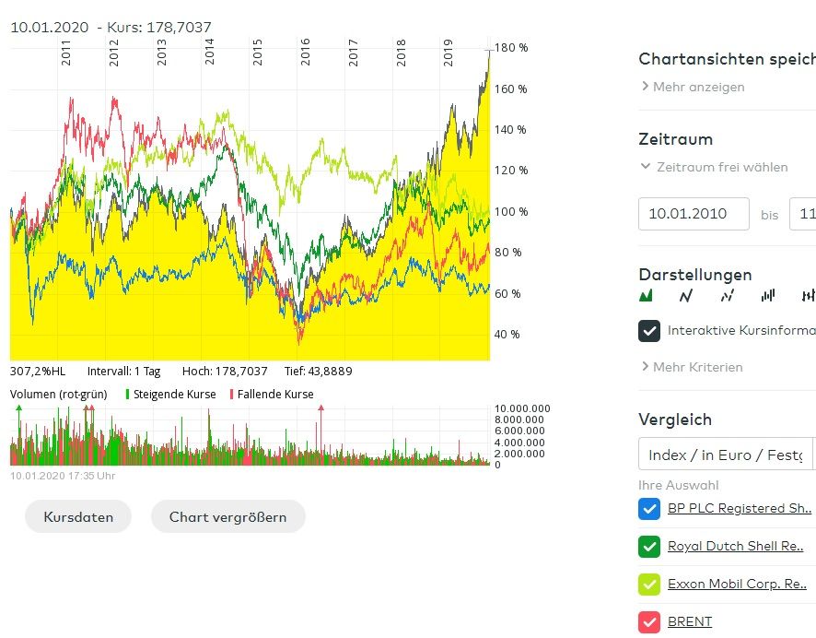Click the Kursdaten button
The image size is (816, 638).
78,516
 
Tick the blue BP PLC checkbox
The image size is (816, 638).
648,508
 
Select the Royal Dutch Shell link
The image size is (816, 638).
736,546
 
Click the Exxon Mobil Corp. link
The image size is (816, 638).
738,584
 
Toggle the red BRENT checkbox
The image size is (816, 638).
648,621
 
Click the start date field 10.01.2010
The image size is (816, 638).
694,214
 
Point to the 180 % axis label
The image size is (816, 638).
511,48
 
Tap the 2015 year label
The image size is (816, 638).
258,53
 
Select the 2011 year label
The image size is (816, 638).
66,53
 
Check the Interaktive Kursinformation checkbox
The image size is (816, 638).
649,330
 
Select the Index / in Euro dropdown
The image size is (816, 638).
726,455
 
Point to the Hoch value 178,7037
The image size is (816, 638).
238,372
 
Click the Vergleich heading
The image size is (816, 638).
675,419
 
